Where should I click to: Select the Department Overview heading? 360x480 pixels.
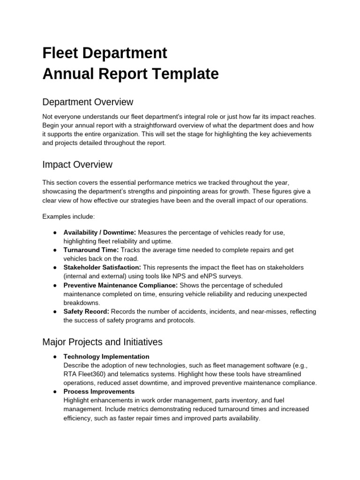[x=88, y=102]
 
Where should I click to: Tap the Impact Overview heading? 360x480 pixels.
[x=77, y=165]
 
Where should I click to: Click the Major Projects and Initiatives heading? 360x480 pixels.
[x=102, y=342]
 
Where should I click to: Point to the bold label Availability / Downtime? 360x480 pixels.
[x=100, y=232]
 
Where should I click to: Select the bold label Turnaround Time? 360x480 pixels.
[x=91, y=250]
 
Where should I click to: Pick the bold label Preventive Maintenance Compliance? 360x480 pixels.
[x=120, y=285]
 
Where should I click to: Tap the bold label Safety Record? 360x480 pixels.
[x=86, y=312]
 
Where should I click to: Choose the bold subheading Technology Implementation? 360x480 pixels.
[x=106, y=357]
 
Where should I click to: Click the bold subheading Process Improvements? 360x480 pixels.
[x=99, y=391]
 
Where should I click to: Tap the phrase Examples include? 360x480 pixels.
[x=68, y=217]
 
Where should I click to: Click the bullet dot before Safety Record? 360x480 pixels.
[x=55, y=312]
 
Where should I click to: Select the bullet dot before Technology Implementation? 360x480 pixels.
[x=55, y=357]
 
